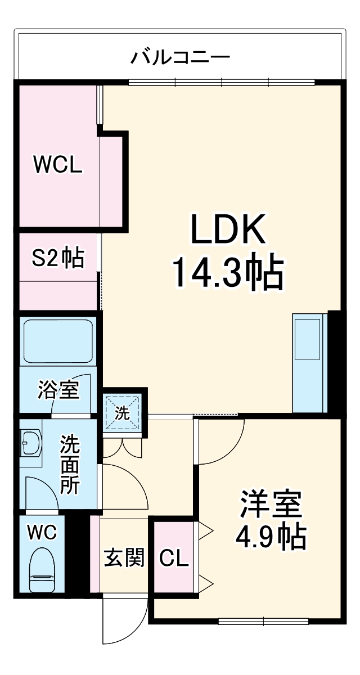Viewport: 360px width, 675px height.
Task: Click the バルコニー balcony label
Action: point(181,57)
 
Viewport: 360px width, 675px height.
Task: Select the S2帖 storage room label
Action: point(57,259)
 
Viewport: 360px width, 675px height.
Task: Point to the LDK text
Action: point(228,229)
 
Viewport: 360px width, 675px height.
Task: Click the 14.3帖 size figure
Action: point(227,272)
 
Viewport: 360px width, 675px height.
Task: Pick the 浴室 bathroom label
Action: point(58,389)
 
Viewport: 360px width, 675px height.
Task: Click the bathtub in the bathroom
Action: point(57,341)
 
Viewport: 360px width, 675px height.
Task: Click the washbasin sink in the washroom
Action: point(30,444)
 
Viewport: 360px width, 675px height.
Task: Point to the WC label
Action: point(43,532)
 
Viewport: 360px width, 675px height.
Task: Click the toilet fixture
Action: point(43,569)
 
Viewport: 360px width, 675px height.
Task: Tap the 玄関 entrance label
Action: point(123,557)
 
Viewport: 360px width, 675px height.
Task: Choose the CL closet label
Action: point(174,558)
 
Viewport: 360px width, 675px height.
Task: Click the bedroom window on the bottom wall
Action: point(263,621)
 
